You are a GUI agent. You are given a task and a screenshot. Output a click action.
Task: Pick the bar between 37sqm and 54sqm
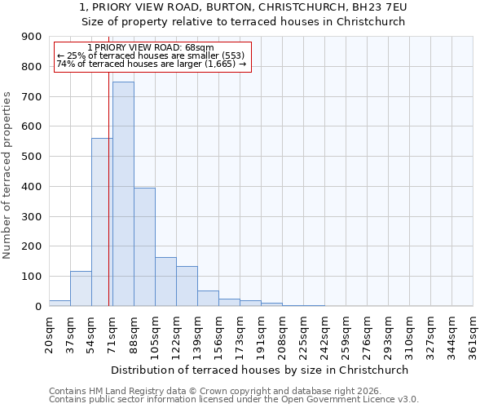click(x=81, y=289)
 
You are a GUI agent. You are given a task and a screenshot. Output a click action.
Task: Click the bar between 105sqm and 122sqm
click(x=165, y=282)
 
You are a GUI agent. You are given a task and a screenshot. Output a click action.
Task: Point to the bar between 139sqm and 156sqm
click(x=208, y=299)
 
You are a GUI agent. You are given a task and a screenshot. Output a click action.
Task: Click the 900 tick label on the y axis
click(x=32, y=37)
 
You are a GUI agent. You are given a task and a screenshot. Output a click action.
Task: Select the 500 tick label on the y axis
click(x=32, y=157)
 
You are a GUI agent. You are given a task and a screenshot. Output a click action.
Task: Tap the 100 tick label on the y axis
click(x=32, y=277)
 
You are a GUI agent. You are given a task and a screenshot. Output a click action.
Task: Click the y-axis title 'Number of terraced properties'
click(x=7, y=175)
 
